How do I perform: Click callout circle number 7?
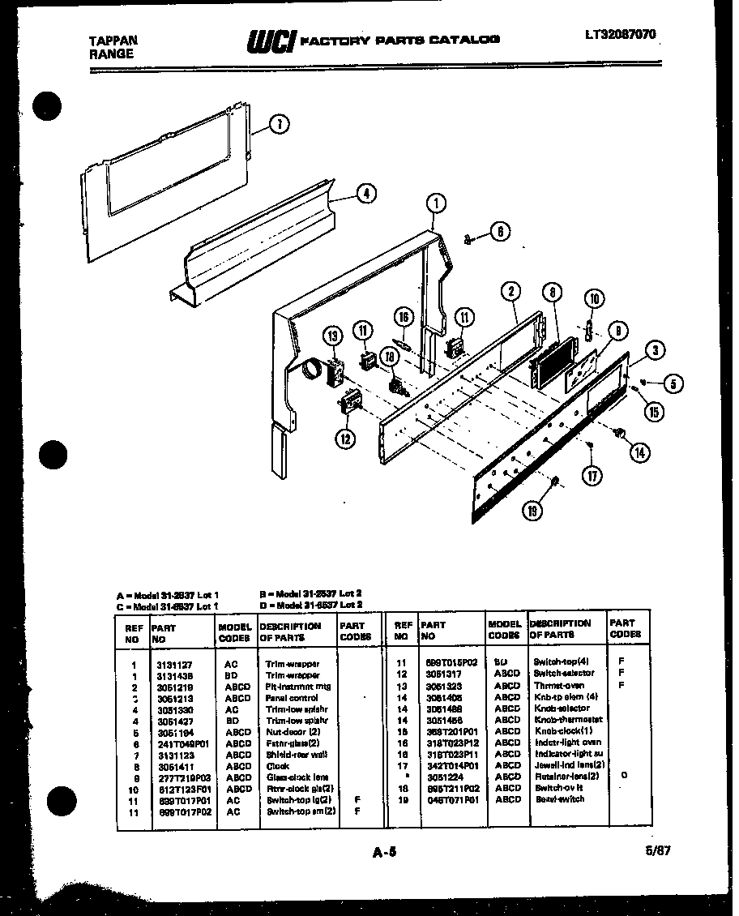[279, 124]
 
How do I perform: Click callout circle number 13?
[332, 336]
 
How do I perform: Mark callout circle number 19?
[532, 510]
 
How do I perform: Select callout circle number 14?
[640, 452]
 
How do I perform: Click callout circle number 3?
[654, 350]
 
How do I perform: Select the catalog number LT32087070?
[620, 35]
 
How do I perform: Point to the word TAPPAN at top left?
[113, 41]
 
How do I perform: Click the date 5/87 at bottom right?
[660, 850]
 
